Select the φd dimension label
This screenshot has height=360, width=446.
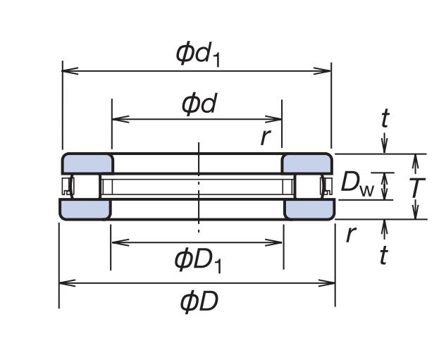tap(198, 104)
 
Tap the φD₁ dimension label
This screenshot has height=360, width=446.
tap(198, 260)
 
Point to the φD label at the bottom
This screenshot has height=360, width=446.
tap(199, 302)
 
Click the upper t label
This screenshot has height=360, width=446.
tap(385, 118)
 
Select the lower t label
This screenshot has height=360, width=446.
tap(383, 255)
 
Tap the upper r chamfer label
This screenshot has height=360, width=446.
tap(265, 136)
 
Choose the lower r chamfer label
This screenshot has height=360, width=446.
tap(349, 234)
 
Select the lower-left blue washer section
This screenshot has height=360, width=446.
tap(85, 209)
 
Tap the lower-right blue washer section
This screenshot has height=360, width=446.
tap(309, 209)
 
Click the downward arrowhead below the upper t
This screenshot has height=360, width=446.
tap(385, 148)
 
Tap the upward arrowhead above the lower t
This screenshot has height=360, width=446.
tap(385, 225)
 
